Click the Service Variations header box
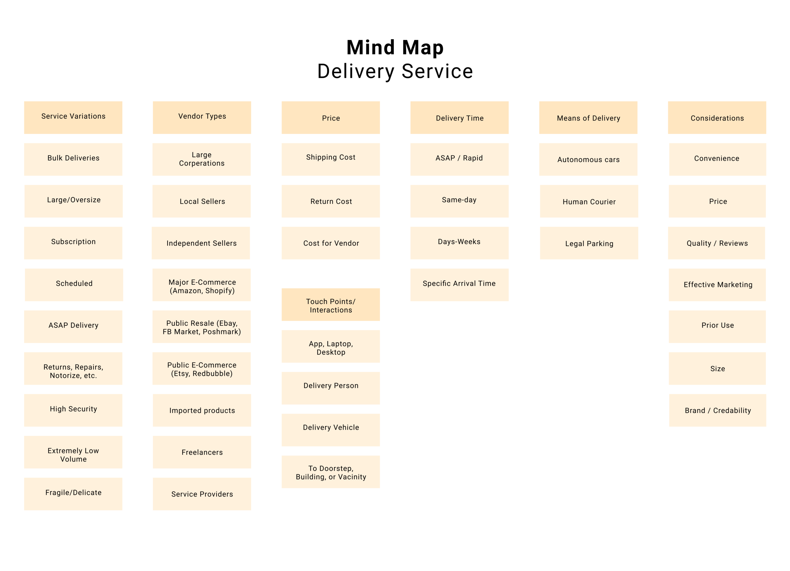tap(73, 117)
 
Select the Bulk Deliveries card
tap(73, 159)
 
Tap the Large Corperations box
tap(201, 159)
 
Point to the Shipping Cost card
tap(331, 159)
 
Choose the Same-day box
tap(459, 201)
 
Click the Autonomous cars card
tap(588, 159)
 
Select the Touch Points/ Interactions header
tap(331, 304)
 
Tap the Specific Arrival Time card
tap(459, 285)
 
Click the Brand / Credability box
tap(718, 410)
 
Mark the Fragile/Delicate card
tap(73, 494)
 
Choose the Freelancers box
tap(202, 452)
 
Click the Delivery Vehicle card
tap(331, 430)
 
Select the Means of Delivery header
tap(588, 117)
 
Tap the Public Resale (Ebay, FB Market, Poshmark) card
tap(201, 327)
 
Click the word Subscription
tap(73, 242)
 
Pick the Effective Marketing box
tap(717, 285)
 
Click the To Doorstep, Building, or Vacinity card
tap(331, 472)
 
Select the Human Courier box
tap(589, 201)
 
